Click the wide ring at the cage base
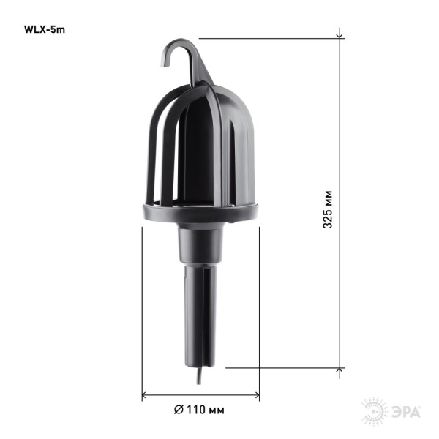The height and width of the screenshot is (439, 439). [199, 214]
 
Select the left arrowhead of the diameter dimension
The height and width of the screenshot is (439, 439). [145, 396]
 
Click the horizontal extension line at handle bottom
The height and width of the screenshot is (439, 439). [285, 368]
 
